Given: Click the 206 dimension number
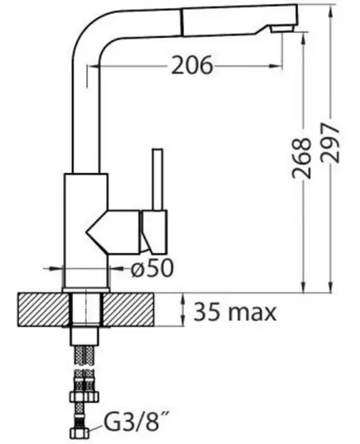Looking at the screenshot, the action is [x=192, y=64].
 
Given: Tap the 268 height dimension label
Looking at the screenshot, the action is [x=302, y=158].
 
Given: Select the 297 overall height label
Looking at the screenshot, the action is [x=330, y=142].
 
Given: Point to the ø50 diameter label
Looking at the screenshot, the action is [x=152, y=268].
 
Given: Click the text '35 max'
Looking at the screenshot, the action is [x=235, y=312].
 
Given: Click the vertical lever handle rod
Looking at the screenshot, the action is [x=157, y=179].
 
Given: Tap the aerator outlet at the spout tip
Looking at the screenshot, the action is [x=281, y=29].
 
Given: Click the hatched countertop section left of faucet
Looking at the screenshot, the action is [x=43, y=309].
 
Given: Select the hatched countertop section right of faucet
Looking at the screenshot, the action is [x=128, y=309].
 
